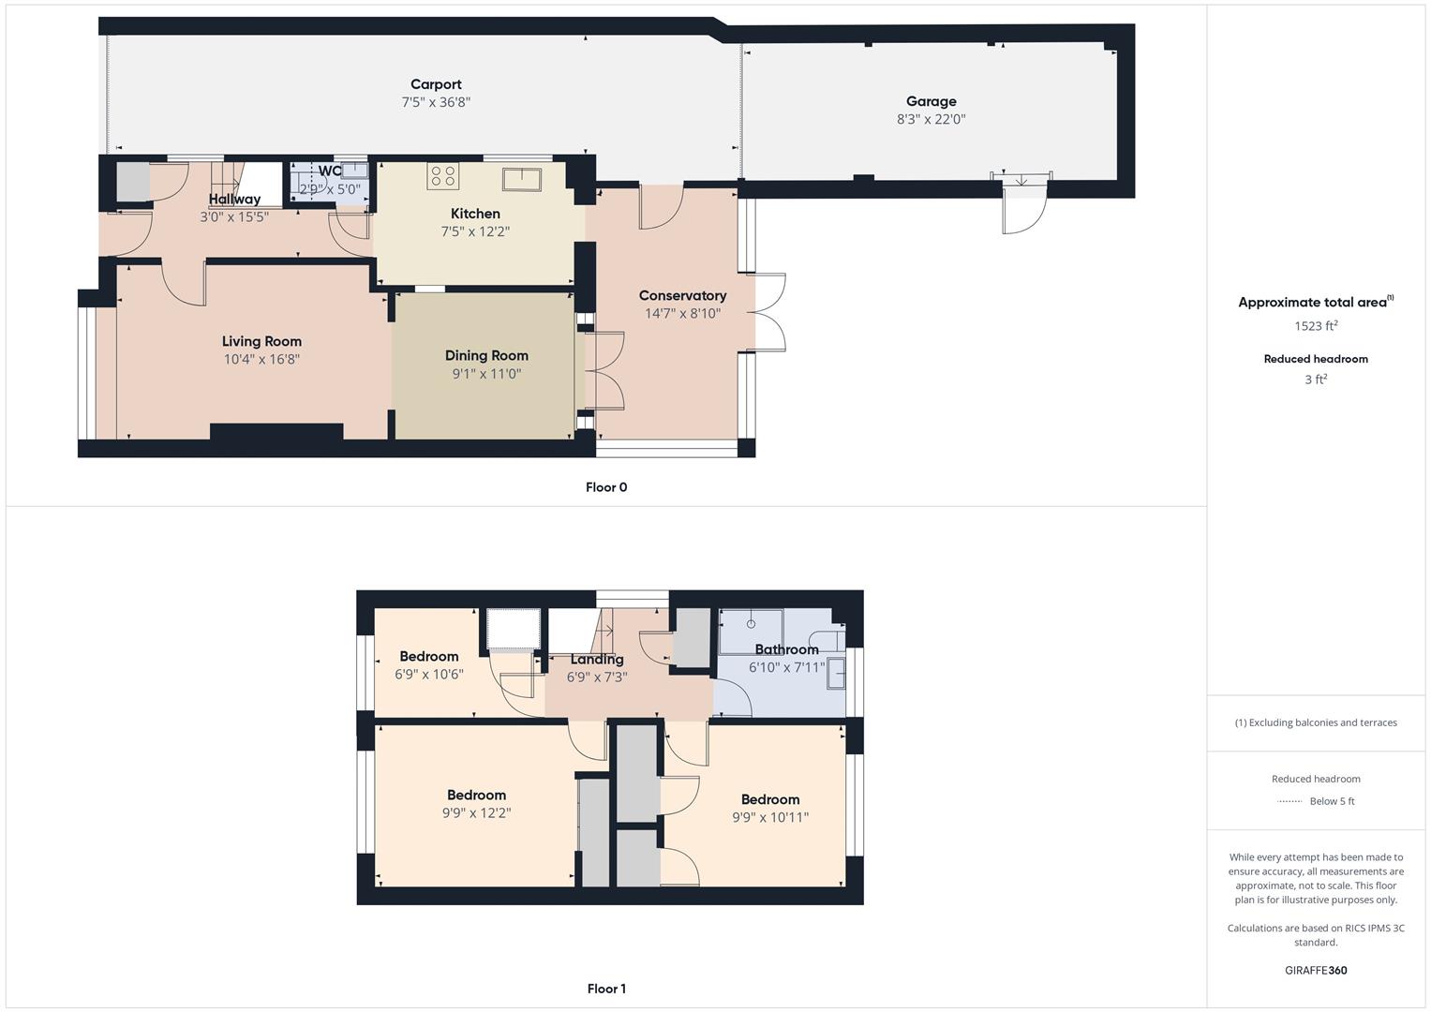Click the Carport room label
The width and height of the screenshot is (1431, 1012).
436,84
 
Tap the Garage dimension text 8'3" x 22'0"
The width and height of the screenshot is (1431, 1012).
931,119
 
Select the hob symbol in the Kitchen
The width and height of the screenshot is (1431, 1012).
442,175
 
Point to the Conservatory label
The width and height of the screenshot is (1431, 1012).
682,295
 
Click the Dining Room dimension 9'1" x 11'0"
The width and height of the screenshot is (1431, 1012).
486,374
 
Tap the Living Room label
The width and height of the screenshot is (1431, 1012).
261,341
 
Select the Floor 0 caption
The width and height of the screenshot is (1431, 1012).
606,487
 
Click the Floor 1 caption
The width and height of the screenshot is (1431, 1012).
606,989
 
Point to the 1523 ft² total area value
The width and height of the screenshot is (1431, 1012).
1316,326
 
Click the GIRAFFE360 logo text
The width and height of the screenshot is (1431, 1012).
1316,970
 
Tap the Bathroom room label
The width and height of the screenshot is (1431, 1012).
786,649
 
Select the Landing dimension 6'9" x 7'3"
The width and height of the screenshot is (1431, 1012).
597,677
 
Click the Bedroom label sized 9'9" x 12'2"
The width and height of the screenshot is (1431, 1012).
476,795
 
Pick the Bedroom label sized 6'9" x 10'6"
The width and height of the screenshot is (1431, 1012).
429,656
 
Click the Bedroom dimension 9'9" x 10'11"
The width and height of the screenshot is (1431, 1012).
770,817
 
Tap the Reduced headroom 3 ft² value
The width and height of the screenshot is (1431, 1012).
1316,379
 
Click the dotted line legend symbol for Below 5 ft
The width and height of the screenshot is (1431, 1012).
1289,801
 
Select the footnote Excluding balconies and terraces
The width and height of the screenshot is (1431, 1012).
1316,722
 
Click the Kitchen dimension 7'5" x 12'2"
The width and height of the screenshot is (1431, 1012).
475,231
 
